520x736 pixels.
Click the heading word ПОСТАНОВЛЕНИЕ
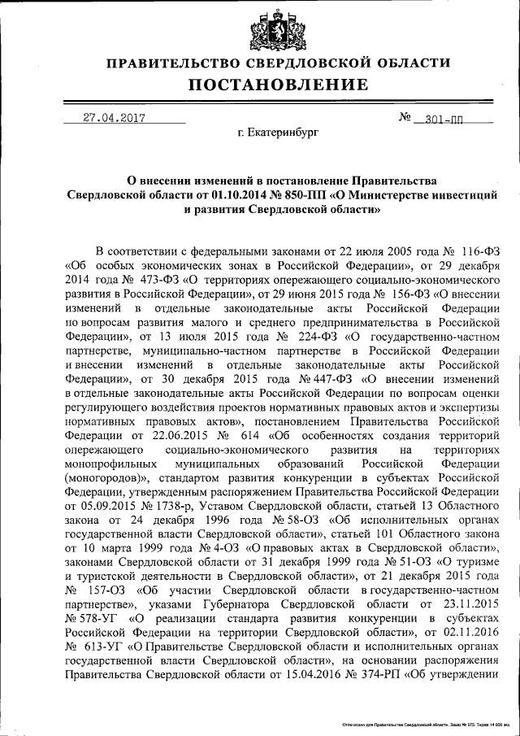279,85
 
